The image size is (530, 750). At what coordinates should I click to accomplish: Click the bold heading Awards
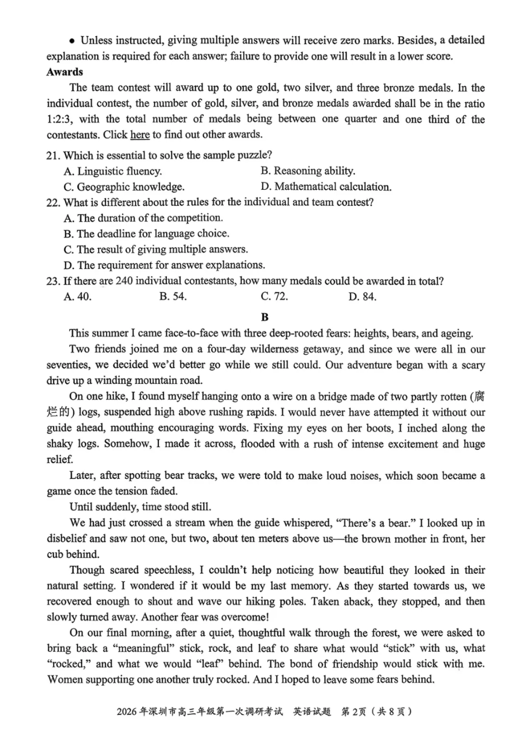click(x=65, y=72)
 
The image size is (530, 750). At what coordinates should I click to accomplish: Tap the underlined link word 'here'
click(x=139, y=134)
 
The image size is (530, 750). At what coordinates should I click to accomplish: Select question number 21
click(x=53, y=155)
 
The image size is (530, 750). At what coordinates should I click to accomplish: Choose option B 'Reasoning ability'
click(x=307, y=171)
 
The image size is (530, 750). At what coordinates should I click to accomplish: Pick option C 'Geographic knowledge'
click(x=124, y=187)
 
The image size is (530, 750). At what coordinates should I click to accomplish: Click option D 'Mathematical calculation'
click(x=326, y=187)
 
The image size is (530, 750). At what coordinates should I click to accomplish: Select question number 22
click(x=53, y=202)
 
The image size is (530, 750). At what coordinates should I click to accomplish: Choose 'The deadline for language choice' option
click(x=146, y=234)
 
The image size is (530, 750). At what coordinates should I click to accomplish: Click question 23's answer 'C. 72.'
click(x=274, y=297)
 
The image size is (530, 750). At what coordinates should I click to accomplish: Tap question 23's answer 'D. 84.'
click(x=362, y=297)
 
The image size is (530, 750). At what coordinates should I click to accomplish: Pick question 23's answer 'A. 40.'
click(x=78, y=297)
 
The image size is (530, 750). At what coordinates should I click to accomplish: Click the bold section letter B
click(x=264, y=317)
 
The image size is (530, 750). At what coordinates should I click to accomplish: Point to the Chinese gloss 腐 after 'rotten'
click(x=478, y=397)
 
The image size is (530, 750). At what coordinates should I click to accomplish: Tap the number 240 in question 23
click(x=124, y=281)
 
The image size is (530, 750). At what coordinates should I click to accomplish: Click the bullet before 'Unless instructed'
click(x=72, y=41)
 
